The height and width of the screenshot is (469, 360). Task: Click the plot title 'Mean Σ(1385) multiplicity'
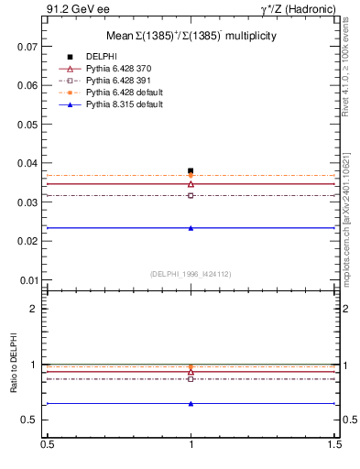191,36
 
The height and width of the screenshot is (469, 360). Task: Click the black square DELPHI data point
191,170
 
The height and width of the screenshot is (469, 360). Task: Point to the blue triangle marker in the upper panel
191,228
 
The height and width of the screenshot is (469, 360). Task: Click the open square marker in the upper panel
191,195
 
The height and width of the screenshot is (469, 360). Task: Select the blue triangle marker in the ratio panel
191,403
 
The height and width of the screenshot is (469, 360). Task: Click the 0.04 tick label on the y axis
29,163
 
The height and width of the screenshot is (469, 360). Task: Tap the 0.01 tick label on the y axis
29,280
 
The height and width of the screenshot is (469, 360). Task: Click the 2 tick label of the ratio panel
34,309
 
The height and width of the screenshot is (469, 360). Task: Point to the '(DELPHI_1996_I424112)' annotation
191,274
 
